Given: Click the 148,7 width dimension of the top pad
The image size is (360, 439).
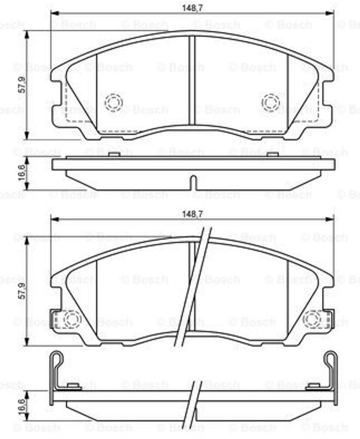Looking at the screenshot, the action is click(x=192, y=8).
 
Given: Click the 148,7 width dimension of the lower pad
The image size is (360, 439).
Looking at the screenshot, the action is click(x=192, y=214).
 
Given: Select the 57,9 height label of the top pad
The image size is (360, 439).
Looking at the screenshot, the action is click(x=22, y=84).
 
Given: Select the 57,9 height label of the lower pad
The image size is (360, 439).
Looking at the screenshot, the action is click(x=22, y=291).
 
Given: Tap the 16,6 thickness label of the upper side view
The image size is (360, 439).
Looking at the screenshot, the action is click(x=22, y=173).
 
